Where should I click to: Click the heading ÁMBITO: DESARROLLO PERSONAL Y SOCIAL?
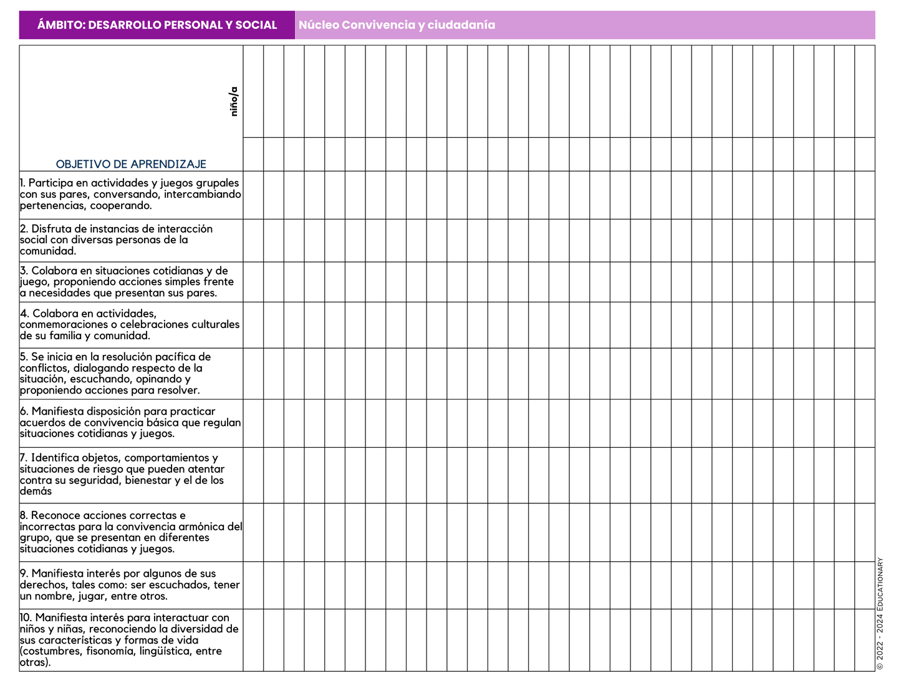(157, 25)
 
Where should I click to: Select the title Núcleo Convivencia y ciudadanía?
(397, 25)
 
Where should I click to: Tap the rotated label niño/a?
(234, 101)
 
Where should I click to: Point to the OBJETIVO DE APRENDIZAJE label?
(131, 164)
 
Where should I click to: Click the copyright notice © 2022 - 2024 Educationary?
(880, 614)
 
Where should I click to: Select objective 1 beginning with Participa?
(130, 194)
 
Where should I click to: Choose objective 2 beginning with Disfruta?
(116, 239)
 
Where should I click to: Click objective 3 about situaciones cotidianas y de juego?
(127, 281)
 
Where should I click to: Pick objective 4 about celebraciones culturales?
(129, 324)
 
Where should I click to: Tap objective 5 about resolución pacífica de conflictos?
(115, 373)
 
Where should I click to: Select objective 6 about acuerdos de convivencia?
(130, 422)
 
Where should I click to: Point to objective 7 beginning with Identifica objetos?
(122, 474)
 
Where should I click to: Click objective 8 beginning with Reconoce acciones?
(130, 532)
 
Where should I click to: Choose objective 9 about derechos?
(129, 584)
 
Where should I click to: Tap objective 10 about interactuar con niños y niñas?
(128, 639)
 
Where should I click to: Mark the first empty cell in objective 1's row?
(253, 195)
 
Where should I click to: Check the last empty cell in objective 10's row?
(864, 640)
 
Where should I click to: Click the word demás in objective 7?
(36, 491)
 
